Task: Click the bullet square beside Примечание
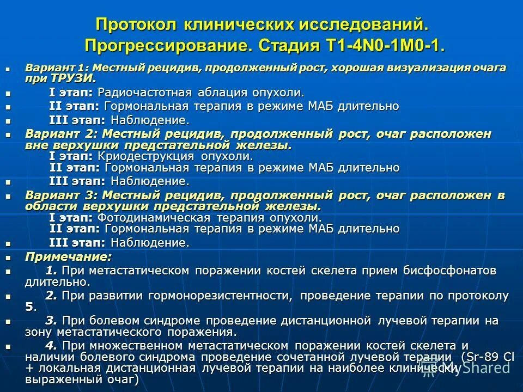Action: (8, 256)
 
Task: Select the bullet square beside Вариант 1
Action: (8, 69)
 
